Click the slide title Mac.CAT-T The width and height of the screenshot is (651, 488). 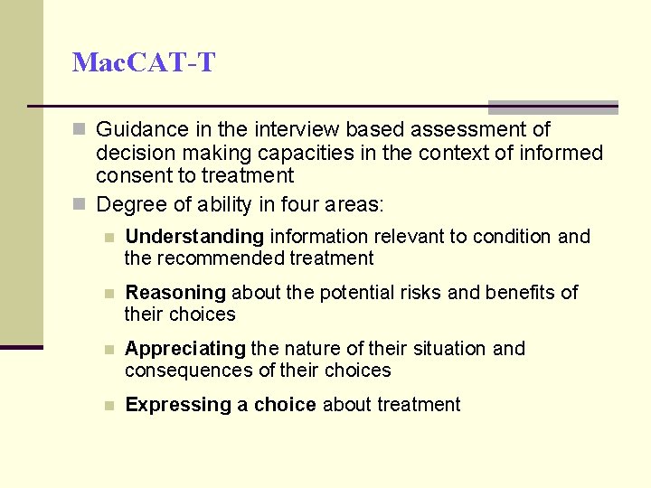(144, 62)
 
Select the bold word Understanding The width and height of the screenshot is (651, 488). (194, 237)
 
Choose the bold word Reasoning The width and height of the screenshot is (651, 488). (175, 293)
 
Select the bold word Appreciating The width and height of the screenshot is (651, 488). (185, 349)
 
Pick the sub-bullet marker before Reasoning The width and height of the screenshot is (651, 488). (108, 294)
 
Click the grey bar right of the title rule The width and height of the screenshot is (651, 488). (552, 107)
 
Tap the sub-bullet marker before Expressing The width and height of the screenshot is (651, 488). (108, 406)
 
